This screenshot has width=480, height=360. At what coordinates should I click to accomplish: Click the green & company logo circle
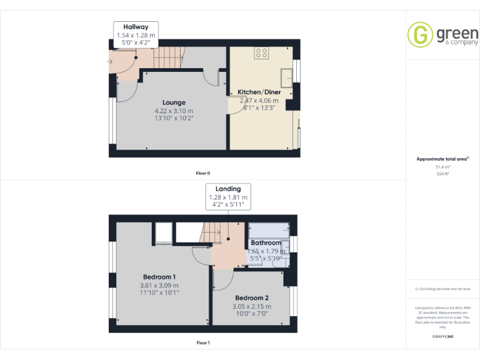420,34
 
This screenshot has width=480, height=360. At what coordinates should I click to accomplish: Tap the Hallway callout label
136,27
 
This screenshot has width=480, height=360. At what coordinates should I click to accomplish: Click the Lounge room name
174,102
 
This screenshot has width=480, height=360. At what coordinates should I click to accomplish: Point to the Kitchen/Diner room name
259,92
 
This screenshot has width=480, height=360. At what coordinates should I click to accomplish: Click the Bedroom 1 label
159,277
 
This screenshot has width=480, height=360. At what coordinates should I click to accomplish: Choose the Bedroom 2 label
252,298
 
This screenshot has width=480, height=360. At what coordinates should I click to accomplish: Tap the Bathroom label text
266,242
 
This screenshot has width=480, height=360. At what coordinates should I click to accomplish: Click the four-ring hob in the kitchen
262,54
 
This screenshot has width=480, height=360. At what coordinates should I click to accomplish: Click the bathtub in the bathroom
269,229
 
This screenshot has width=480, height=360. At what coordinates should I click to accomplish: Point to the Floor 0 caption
204,172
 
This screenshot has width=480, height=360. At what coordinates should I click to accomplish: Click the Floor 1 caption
203,342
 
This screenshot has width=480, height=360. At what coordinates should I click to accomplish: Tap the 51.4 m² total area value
442,167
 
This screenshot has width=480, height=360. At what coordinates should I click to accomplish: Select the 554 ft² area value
442,174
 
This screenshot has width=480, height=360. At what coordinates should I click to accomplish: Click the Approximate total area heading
442,159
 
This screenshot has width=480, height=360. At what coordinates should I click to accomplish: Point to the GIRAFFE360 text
442,337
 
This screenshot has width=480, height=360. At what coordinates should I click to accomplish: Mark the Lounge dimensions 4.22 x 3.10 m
174,111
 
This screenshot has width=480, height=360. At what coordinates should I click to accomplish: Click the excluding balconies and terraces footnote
442,289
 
